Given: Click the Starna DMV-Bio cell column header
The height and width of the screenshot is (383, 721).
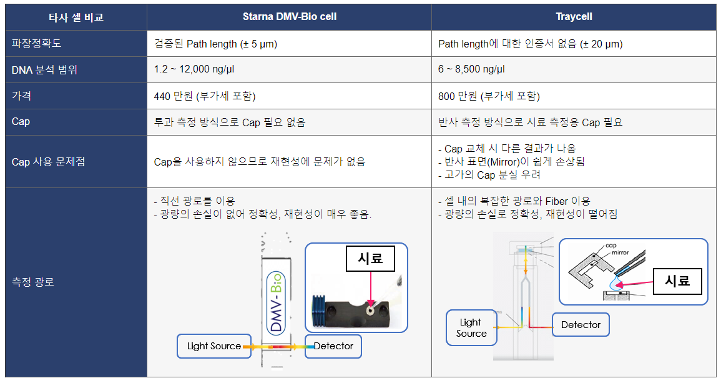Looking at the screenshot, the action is click(x=289, y=17).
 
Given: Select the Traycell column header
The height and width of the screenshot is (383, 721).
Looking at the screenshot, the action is click(x=574, y=17).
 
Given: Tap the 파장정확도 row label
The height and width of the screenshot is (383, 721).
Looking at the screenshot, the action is click(x=36, y=43).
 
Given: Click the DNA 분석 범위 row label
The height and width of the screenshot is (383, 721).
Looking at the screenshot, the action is click(x=44, y=69).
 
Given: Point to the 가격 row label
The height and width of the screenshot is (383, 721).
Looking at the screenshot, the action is click(x=21, y=96).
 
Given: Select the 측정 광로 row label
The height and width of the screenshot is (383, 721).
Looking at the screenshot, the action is click(x=32, y=282).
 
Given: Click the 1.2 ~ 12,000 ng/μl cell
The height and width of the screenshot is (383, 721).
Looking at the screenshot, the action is click(x=194, y=69).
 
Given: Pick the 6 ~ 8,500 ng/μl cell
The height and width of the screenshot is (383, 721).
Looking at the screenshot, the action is click(x=471, y=69).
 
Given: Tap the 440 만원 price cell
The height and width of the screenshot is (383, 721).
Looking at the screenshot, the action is click(x=205, y=96).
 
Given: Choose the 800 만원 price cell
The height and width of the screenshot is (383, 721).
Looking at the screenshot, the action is click(x=489, y=96).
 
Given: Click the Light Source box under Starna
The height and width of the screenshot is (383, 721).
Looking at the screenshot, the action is click(x=214, y=346).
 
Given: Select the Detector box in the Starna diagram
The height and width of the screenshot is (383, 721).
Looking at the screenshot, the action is click(x=333, y=346).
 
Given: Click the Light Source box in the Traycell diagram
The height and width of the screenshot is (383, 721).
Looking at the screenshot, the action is click(x=471, y=328).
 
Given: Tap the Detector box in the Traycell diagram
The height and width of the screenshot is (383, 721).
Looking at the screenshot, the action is click(x=581, y=324).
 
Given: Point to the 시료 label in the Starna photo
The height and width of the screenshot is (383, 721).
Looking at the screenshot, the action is click(x=370, y=258).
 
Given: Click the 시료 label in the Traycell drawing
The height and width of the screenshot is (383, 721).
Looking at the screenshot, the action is click(x=677, y=281).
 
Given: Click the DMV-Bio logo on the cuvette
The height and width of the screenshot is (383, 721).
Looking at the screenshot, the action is click(x=276, y=302).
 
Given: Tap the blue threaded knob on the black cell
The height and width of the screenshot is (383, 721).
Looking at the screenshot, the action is click(x=318, y=311).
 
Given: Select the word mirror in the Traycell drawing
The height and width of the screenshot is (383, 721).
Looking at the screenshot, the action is click(x=620, y=252).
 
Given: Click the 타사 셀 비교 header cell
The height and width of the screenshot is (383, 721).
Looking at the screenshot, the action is click(x=76, y=17).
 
